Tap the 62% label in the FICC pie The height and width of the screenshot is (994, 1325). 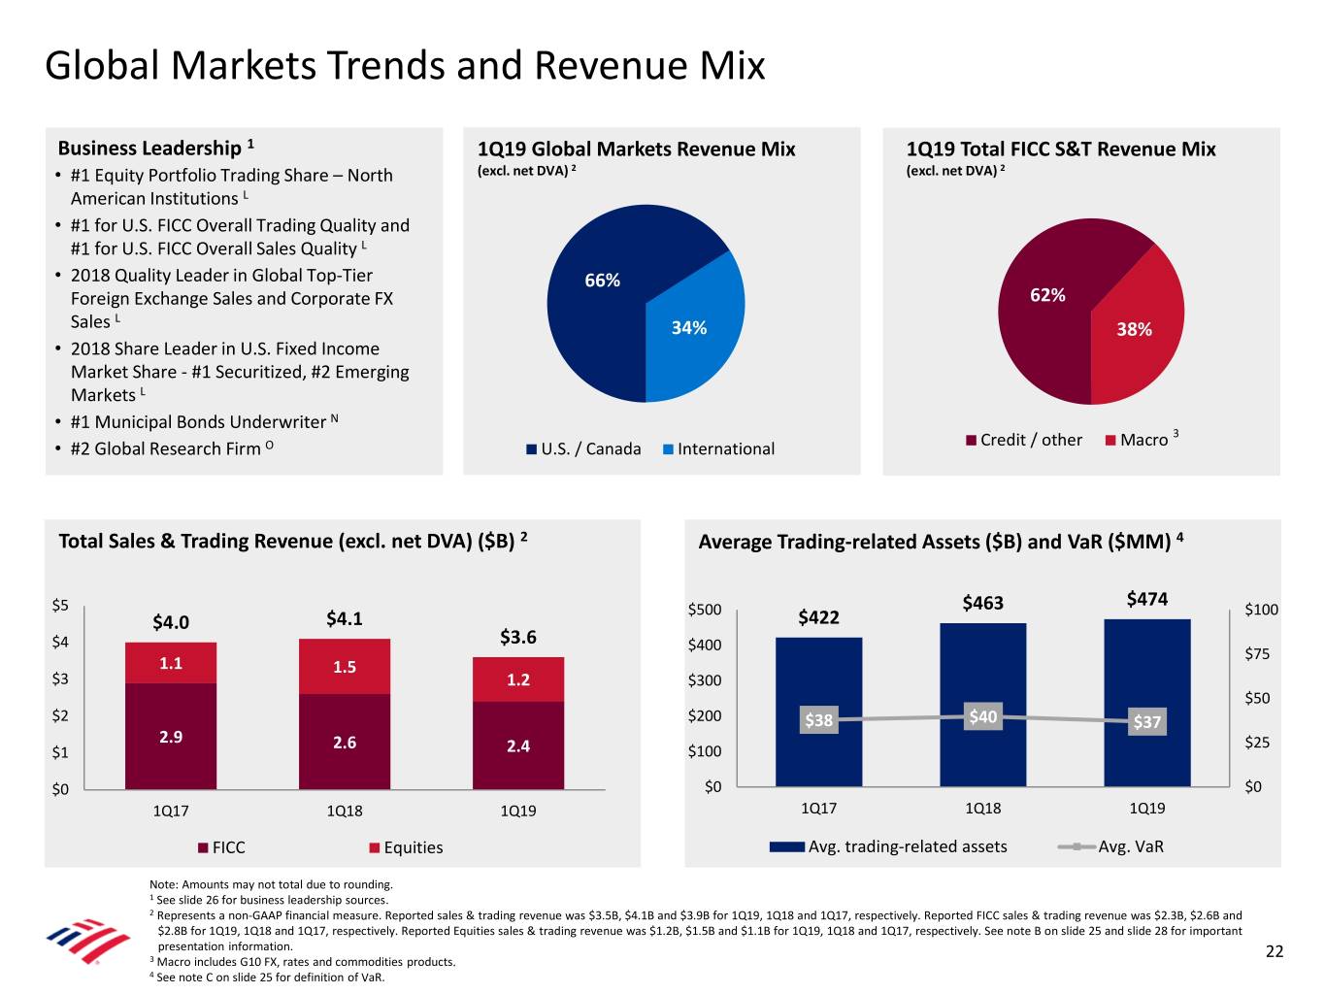pyautogui.click(x=1047, y=295)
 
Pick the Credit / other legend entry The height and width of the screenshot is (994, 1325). pyautogui.click(x=1024, y=440)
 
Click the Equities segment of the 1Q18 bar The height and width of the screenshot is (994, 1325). pyautogui.click(x=345, y=667)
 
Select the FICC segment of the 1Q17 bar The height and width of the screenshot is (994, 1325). pyautogui.click(x=171, y=736)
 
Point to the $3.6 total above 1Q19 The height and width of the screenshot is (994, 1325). pyautogui.click(x=518, y=637)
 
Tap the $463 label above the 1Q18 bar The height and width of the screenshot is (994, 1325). pyautogui.click(x=982, y=603)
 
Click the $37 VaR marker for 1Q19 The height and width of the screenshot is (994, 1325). pyautogui.click(x=1146, y=721)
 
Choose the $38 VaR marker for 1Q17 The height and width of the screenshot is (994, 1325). pyautogui.click(x=818, y=719)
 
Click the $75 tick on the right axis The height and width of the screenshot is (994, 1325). pyautogui.click(x=1257, y=653)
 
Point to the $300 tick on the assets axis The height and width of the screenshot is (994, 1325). pyautogui.click(x=705, y=680)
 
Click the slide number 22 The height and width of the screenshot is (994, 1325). pyautogui.click(x=1275, y=951)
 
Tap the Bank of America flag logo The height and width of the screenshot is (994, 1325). pyautogui.click(x=88, y=939)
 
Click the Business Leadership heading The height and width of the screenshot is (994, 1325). pyautogui.click(x=149, y=148)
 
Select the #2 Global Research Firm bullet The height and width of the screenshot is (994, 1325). pyautogui.click(x=166, y=448)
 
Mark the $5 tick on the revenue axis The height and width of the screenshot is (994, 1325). pyautogui.click(x=60, y=605)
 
